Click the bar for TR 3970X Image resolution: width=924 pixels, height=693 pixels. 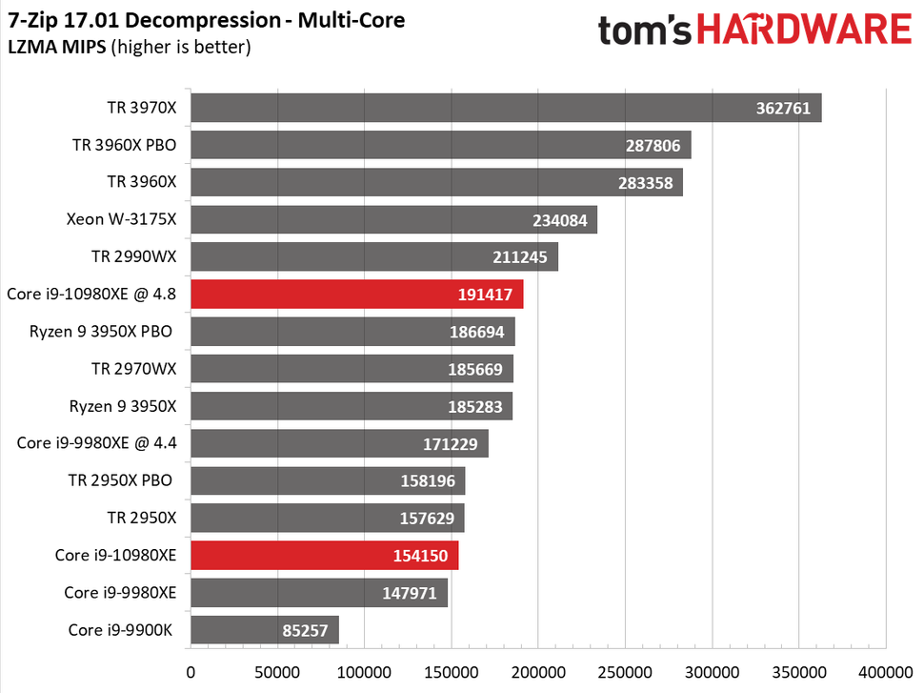click(505, 108)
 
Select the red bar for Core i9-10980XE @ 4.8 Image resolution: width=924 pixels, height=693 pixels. click(356, 294)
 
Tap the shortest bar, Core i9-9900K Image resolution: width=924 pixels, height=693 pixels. click(264, 629)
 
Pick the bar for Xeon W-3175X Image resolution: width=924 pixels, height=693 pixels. click(393, 220)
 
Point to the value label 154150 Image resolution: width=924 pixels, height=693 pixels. click(419, 555)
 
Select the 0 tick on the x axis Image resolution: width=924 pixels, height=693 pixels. click(191, 672)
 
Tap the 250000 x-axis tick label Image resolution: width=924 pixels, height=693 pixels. click(625, 672)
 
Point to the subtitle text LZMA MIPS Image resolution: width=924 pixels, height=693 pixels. click(55, 47)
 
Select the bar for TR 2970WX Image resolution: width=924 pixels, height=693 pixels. click(352, 368)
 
